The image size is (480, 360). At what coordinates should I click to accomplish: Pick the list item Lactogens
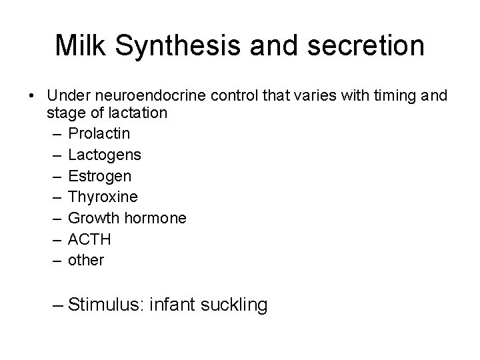click(x=105, y=155)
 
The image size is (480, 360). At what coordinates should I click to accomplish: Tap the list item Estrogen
click(x=100, y=177)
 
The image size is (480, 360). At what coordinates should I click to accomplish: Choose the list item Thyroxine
click(x=103, y=197)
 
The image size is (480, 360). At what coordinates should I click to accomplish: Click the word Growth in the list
click(x=92, y=218)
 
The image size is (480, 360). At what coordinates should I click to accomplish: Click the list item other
click(x=86, y=260)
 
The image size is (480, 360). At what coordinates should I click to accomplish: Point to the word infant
click(x=173, y=305)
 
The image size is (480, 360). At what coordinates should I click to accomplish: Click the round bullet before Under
click(x=32, y=97)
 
